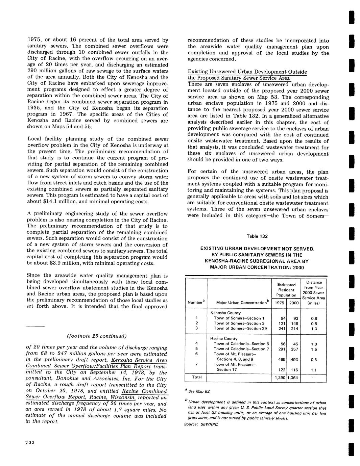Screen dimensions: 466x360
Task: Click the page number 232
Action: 31,443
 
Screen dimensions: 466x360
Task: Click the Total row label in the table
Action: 197,377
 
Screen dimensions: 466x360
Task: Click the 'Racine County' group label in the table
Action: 224,338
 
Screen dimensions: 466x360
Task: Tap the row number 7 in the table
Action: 196,364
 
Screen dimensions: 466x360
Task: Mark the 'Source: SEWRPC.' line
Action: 201,424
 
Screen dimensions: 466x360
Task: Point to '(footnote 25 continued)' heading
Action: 97,336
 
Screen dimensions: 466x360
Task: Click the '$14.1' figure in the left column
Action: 47,202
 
